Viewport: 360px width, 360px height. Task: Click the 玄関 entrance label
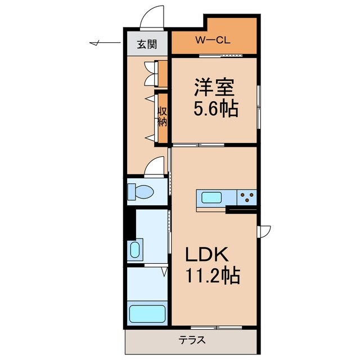[x=147, y=44]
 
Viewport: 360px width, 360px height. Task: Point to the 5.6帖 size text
[x=216, y=107]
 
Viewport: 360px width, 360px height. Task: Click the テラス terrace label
[x=192, y=340]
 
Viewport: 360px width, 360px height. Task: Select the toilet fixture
[x=141, y=191]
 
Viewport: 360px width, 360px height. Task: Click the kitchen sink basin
[x=212, y=198]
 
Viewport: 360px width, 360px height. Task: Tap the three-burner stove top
[x=246, y=197]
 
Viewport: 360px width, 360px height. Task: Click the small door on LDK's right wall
[x=264, y=231]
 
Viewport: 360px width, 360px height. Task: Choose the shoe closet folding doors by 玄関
[x=150, y=73]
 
